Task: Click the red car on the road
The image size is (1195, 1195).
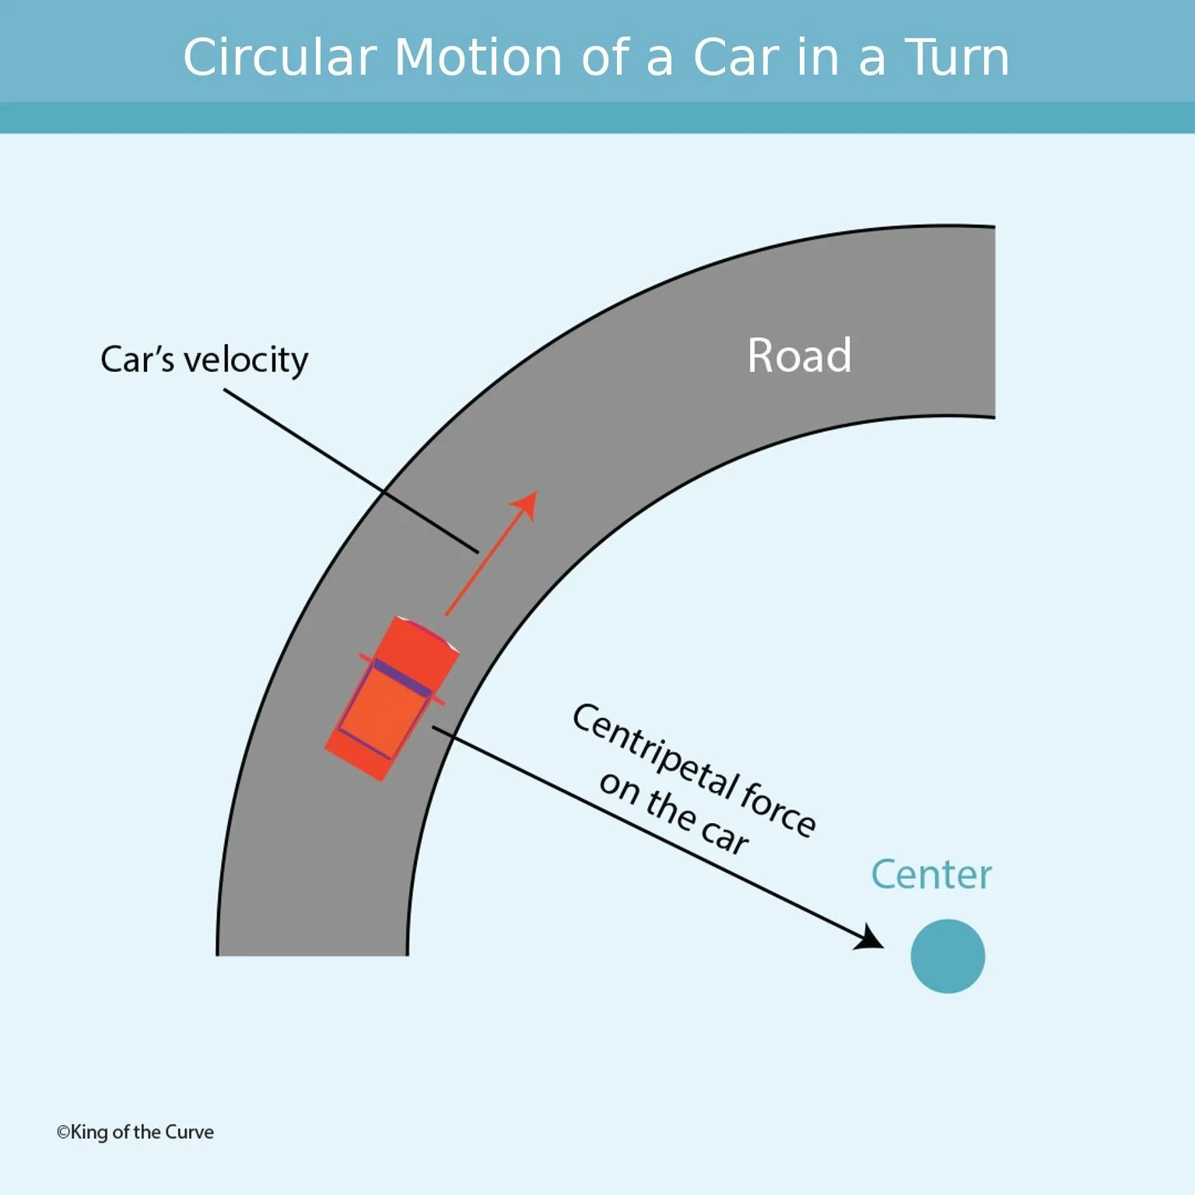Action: click(391, 699)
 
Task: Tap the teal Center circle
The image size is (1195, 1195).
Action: click(947, 955)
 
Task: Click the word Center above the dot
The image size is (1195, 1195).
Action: click(930, 874)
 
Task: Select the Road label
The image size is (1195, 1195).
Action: click(799, 356)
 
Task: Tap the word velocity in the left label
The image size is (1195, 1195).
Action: click(246, 360)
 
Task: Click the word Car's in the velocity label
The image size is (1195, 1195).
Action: click(137, 360)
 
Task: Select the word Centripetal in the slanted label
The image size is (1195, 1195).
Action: click(654, 752)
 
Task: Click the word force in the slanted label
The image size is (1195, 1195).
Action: click(778, 809)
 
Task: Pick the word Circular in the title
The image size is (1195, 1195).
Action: click(279, 58)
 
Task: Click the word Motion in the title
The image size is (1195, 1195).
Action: click(478, 58)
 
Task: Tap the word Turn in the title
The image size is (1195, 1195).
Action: click(956, 58)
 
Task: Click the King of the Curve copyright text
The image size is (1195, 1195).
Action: click(135, 1132)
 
